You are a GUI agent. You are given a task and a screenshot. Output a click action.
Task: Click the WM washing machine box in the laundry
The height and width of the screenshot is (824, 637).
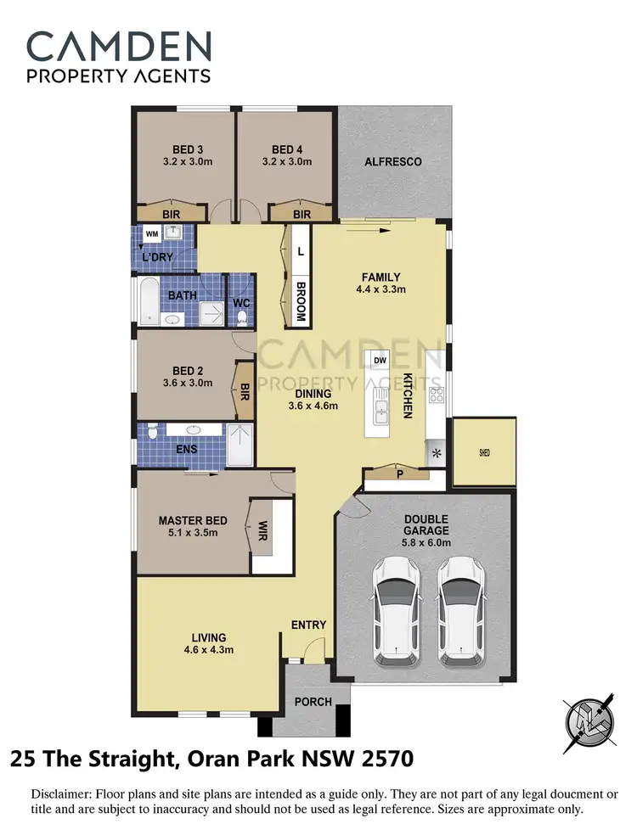(x=152, y=233)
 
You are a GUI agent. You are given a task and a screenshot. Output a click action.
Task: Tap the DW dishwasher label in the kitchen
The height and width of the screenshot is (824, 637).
(x=380, y=359)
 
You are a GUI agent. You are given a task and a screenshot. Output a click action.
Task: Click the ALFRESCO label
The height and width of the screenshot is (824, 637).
(x=392, y=161)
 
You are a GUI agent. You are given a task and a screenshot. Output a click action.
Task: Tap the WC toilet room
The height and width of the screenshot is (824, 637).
(x=241, y=303)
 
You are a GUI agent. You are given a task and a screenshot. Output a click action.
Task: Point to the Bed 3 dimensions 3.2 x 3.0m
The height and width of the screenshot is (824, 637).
(x=183, y=161)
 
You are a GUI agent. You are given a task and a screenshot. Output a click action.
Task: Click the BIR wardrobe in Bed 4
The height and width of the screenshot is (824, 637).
(x=302, y=215)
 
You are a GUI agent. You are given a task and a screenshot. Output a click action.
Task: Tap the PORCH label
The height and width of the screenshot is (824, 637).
(x=312, y=702)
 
